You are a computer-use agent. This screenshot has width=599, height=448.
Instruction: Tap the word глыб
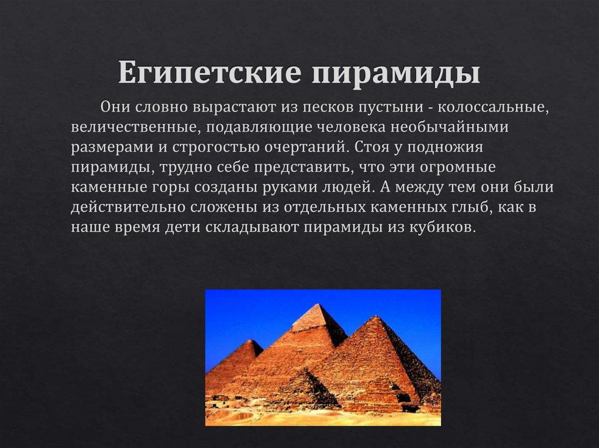(x=475, y=207)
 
